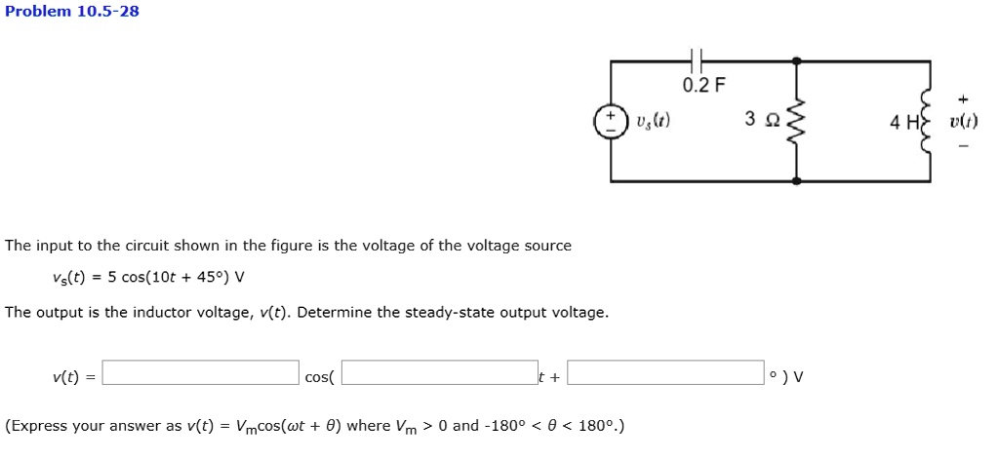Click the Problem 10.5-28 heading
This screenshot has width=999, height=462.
72,12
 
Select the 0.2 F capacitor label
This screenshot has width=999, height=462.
703,85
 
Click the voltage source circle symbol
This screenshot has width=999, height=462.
612,123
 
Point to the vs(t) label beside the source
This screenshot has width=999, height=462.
652,123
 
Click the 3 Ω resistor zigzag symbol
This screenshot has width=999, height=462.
796,121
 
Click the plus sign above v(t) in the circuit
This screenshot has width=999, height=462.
963,98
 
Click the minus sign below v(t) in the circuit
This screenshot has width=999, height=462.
963,147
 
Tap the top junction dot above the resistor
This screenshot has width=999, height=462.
797,61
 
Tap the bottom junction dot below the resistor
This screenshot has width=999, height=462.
797,181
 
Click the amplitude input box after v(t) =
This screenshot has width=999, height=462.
201,373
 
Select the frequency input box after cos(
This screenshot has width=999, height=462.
440,373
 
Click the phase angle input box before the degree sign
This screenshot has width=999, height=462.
665,373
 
